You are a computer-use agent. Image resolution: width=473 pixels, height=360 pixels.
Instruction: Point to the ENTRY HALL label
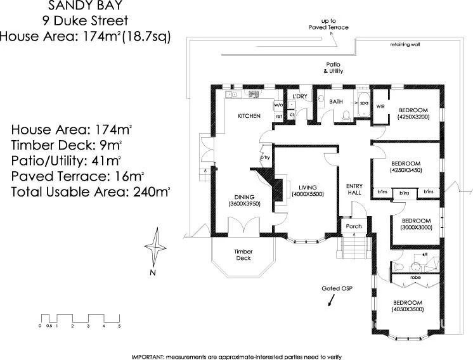click(x=354, y=189)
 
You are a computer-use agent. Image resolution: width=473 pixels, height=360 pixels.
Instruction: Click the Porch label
click(x=353, y=226)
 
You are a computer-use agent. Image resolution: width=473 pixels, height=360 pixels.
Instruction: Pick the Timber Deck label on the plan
click(x=243, y=255)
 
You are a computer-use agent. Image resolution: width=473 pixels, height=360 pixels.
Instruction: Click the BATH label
click(x=336, y=101)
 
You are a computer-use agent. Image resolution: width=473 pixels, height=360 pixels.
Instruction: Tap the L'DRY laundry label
click(x=299, y=96)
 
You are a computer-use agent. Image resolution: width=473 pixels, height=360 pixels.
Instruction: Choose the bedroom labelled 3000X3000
click(x=416, y=224)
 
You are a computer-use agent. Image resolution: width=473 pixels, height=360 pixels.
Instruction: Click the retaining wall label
click(x=405, y=45)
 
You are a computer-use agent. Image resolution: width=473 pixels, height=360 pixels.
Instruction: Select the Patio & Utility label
click(x=334, y=68)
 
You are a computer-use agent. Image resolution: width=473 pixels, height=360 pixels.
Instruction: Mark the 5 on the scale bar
click(x=119, y=326)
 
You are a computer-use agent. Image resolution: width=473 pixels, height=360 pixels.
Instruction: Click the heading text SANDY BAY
click(x=86, y=6)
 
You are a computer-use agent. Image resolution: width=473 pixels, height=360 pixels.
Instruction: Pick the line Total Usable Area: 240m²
click(x=90, y=190)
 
